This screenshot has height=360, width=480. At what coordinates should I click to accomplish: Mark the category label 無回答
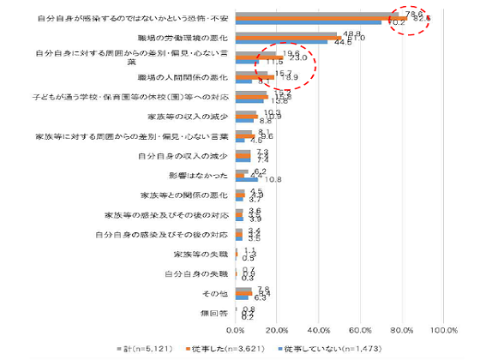[216, 313]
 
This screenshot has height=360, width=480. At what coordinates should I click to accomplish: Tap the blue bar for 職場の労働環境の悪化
[282, 43]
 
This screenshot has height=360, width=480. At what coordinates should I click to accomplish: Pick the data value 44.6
[340, 44]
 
